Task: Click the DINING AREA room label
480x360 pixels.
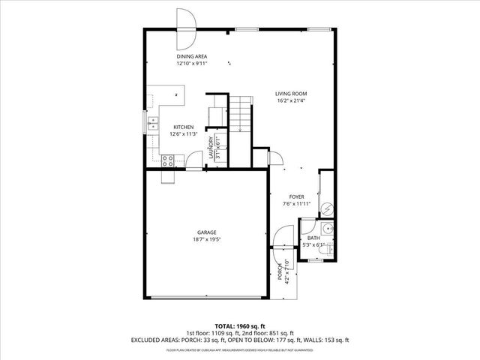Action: [x=191, y=56]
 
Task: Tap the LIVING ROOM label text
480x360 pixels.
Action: [x=292, y=94]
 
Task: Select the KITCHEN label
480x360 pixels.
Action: [x=184, y=127]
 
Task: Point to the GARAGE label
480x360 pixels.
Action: [x=206, y=232]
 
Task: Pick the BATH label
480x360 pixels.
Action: [x=313, y=238]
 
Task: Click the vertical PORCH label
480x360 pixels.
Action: [x=280, y=272]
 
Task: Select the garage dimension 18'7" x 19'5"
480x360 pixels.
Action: [x=206, y=239]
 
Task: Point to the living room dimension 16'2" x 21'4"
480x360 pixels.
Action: [x=292, y=101]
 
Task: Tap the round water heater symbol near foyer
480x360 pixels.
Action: [x=326, y=207]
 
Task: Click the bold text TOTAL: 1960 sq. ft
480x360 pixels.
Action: [x=240, y=326]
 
